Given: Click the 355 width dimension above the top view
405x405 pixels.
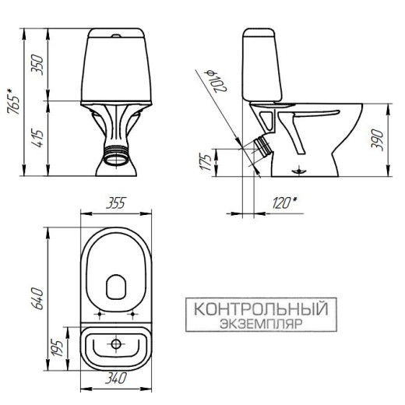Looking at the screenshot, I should tap(114, 204).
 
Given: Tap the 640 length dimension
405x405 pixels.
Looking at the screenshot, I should tap(36, 297).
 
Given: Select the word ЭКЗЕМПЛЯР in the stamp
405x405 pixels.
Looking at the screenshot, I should tap(260, 322).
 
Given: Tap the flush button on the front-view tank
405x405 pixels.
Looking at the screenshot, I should tap(115, 36).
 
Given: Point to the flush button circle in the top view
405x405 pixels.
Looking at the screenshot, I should tap(115, 341).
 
